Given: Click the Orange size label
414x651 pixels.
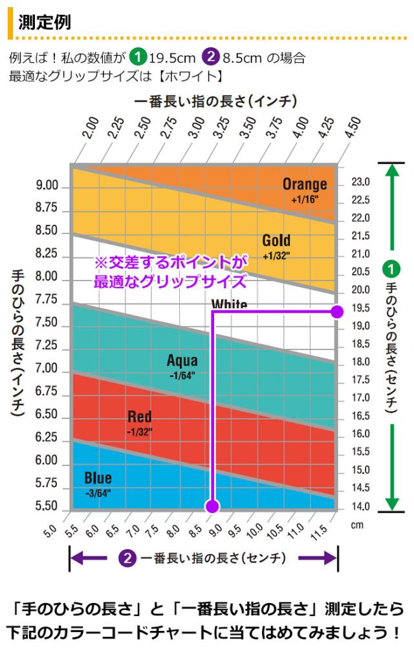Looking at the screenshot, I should click(x=305, y=185).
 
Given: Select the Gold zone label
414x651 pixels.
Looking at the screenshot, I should click(x=276, y=241).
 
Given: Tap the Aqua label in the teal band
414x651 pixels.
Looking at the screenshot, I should click(x=182, y=361).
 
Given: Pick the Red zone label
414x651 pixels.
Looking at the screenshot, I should click(x=140, y=417).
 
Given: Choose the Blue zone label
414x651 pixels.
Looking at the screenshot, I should click(x=98, y=478).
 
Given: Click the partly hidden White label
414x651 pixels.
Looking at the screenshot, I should click(x=229, y=304).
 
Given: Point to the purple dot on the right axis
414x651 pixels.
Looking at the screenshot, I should click(x=336, y=312).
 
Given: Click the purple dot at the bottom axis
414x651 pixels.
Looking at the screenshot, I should click(x=213, y=506).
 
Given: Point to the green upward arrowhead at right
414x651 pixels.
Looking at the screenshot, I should click(x=391, y=170).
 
